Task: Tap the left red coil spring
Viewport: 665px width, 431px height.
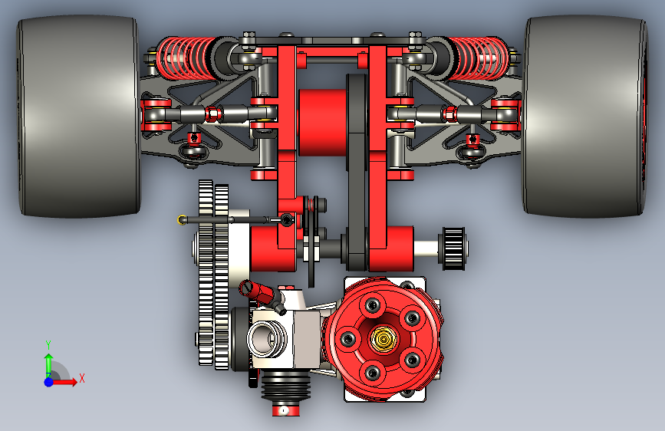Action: (x=186, y=58)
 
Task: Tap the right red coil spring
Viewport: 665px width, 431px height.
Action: (x=479, y=58)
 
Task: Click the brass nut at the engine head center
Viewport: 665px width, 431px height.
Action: (x=384, y=338)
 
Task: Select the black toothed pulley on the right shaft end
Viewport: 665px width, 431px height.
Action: (x=455, y=248)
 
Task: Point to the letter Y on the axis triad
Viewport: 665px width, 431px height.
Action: (x=48, y=344)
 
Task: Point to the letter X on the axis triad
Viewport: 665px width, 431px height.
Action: (x=82, y=378)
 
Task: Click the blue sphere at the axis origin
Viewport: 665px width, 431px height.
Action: (x=49, y=382)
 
